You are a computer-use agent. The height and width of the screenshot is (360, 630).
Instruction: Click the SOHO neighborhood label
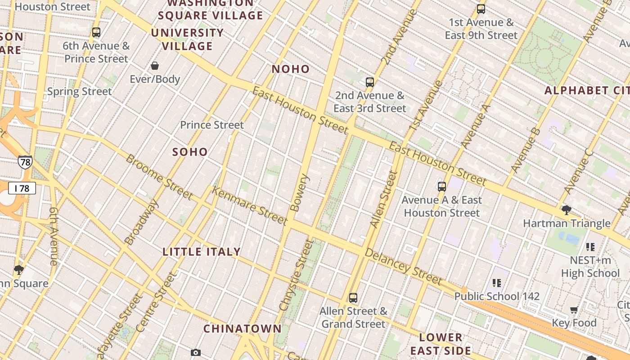pos(190,152)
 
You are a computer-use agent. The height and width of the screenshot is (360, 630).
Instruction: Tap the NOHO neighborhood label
pos(291,69)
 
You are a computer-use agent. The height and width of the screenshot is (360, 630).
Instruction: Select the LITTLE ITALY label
pos(202,252)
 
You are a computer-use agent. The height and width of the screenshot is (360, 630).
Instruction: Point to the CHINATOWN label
pos(243,329)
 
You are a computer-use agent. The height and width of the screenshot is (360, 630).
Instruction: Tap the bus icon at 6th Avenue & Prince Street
pos(96,32)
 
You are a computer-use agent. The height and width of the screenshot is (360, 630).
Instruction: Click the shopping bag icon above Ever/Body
pos(155,66)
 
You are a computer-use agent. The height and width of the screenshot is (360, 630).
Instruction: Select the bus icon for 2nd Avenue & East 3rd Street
pos(370,82)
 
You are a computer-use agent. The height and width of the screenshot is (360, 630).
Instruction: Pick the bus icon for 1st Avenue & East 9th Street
pos(481,9)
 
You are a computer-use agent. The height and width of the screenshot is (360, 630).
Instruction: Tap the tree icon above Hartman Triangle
pos(566,210)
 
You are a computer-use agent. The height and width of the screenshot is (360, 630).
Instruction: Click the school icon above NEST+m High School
pos(590,247)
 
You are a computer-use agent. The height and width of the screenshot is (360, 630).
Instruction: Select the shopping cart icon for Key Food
pos(574,310)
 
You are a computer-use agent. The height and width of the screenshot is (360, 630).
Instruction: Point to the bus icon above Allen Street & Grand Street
pos(353,297)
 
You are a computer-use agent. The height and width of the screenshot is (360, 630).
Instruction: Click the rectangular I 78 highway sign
pos(22,188)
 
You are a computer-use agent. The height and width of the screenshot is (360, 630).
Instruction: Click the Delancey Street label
pos(403,266)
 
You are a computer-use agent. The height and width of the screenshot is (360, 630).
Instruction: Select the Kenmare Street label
pos(249,206)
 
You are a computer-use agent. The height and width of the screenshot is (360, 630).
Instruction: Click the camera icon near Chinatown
pos(196,352)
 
